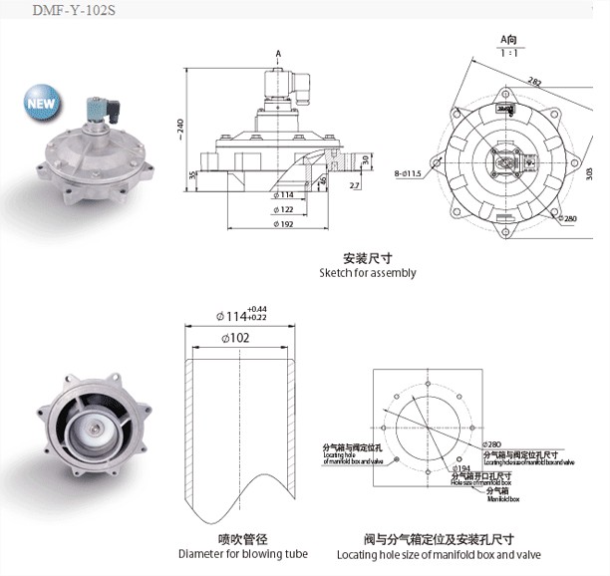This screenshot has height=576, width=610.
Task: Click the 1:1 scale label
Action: (x=506, y=53)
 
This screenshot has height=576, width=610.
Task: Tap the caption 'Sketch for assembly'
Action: (x=368, y=273)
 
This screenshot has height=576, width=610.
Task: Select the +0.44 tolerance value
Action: (x=255, y=309)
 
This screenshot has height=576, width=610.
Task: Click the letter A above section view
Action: (x=276, y=52)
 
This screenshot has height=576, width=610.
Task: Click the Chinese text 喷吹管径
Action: (x=242, y=538)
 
